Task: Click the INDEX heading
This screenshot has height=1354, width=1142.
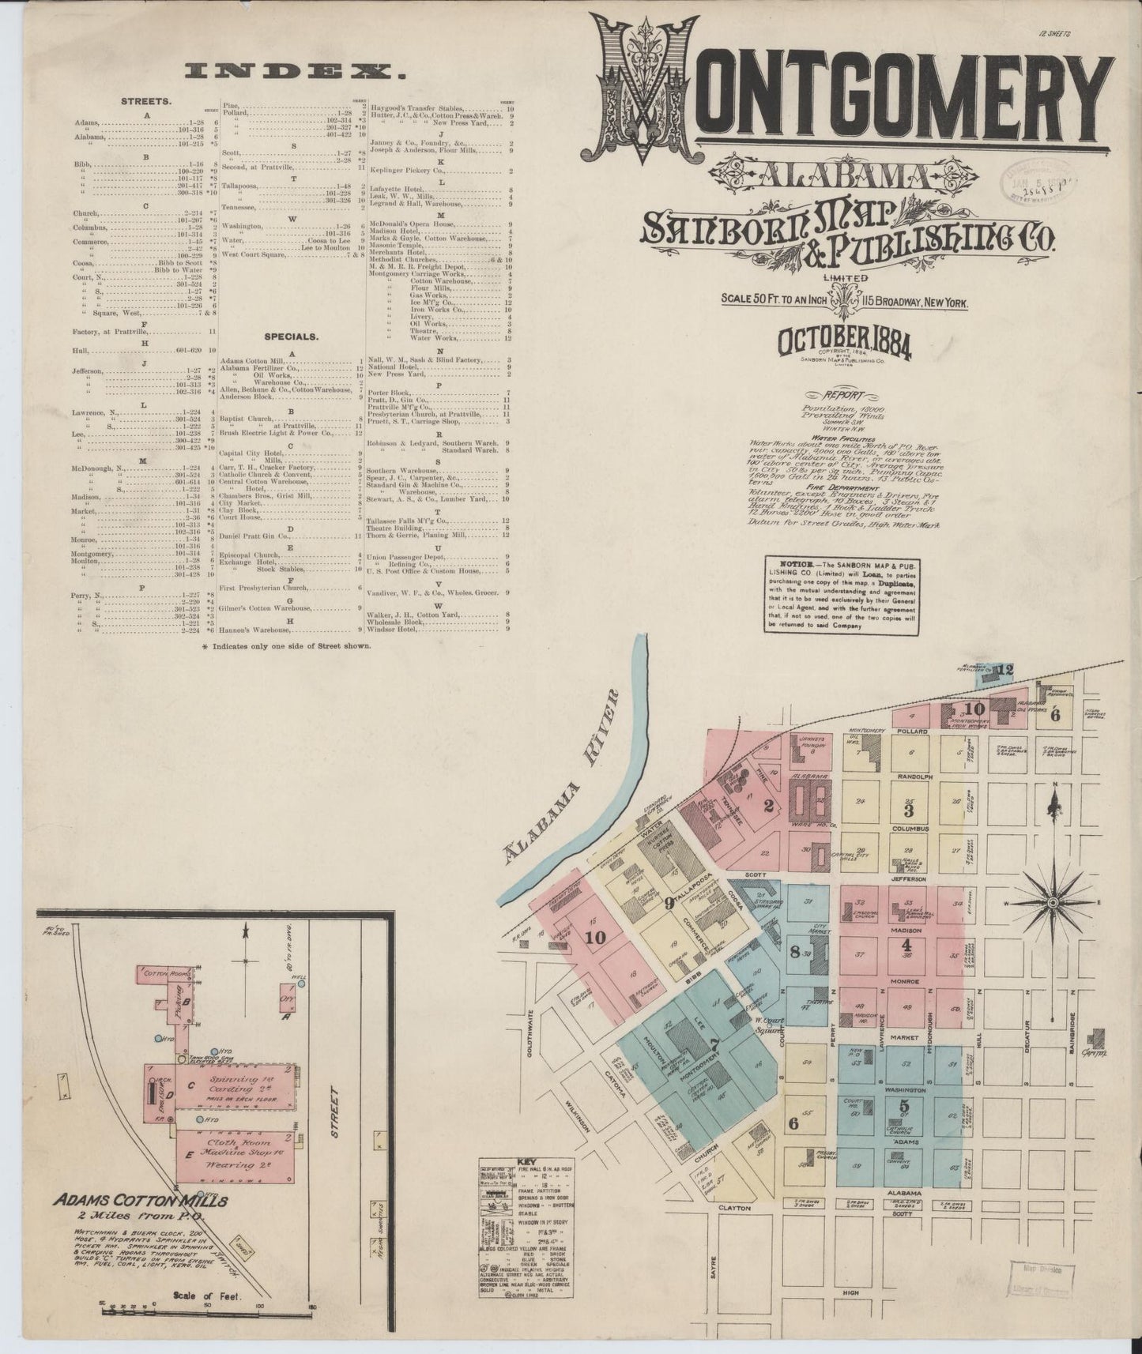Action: [294, 71]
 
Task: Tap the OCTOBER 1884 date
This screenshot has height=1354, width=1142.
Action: [845, 341]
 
